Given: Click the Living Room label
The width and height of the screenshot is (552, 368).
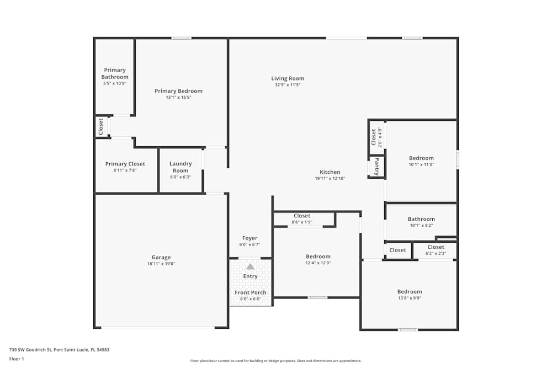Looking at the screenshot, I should (x=288, y=78).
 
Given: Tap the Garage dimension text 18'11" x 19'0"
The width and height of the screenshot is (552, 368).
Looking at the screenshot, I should (x=161, y=264).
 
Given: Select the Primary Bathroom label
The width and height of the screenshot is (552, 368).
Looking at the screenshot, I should (x=115, y=73).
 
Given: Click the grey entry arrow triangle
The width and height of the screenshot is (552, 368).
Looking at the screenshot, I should (x=250, y=266).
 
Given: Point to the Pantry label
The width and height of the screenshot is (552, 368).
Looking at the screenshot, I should (x=377, y=166).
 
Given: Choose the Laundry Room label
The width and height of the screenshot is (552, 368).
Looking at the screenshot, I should (x=181, y=167).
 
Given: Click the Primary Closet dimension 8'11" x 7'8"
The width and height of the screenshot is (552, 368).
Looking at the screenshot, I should (x=125, y=170).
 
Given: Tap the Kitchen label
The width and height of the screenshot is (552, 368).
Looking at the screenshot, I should (x=330, y=172).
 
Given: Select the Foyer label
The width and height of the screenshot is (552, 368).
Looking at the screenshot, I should (x=250, y=238).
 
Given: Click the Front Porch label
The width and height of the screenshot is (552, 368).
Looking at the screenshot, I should (x=251, y=292).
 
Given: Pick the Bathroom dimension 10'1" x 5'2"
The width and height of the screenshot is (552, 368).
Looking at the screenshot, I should (x=421, y=225).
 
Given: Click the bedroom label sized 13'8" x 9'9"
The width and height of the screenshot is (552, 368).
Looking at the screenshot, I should (x=410, y=291).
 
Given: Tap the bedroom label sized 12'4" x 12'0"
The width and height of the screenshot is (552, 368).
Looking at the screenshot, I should (x=319, y=257).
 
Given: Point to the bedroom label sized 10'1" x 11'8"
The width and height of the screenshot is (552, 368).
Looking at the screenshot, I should (x=421, y=158).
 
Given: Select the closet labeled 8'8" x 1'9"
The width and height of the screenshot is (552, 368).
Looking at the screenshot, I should (x=302, y=216).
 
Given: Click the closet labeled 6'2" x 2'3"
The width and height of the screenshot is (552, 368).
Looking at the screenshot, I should (x=436, y=247).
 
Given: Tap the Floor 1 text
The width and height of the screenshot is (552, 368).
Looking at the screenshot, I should (x=17, y=359).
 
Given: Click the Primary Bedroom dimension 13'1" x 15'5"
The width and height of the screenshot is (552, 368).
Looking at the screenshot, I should (x=178, y=97).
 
